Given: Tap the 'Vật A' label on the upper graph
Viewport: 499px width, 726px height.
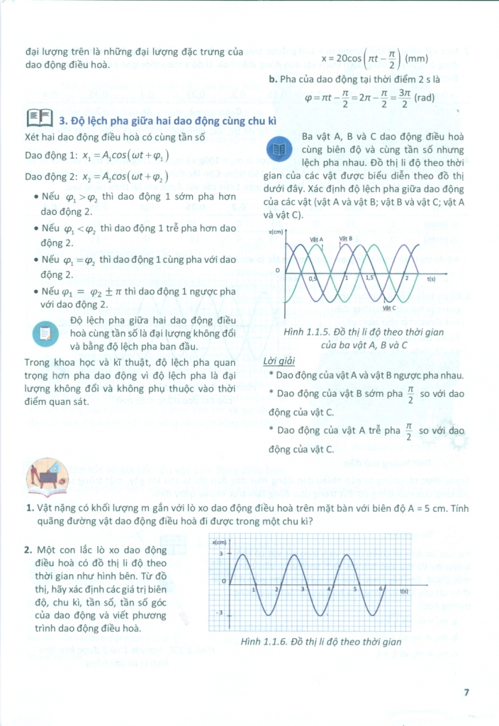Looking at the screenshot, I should (316, 239).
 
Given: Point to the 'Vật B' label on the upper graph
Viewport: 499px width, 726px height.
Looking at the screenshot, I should (346, 239).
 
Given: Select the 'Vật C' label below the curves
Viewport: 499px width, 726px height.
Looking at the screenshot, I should (389, 308).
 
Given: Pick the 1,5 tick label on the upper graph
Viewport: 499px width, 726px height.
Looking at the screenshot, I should (369, 279).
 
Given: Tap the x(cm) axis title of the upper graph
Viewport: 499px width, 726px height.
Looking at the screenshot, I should (276, 233).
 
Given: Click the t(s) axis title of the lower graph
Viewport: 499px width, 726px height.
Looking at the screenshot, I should (405, 590).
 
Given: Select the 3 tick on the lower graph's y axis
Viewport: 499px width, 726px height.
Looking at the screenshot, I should (220, 553).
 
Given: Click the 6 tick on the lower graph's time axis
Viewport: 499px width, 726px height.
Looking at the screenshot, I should (381, 589).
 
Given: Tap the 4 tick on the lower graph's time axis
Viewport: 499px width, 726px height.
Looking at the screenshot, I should (329, 589).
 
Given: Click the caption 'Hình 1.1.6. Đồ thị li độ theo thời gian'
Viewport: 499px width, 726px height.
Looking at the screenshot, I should (311, 642).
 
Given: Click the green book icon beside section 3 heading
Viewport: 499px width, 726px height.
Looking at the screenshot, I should (39, 116).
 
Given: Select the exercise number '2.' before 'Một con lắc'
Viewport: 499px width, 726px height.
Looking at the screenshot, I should (28, 549).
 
